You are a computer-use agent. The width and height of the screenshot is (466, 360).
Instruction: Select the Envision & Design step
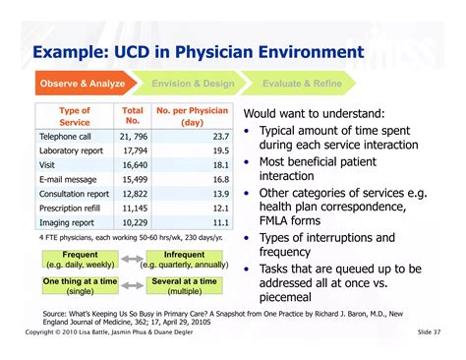tap(192, 84)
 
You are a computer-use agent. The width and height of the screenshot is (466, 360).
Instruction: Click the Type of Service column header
tap(75, 115)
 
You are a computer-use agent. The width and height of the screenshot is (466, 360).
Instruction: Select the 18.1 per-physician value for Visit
tap(220, 165)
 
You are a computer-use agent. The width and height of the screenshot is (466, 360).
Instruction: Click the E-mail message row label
tap(68, 180)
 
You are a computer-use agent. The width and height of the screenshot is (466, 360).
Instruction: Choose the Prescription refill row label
tap(75, 210)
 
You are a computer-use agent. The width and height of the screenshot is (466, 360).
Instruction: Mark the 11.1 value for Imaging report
tap(220, 223)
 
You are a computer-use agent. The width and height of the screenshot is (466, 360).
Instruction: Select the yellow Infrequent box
tap(184, 260)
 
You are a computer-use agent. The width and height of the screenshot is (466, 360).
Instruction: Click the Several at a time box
tap(184, 286)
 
